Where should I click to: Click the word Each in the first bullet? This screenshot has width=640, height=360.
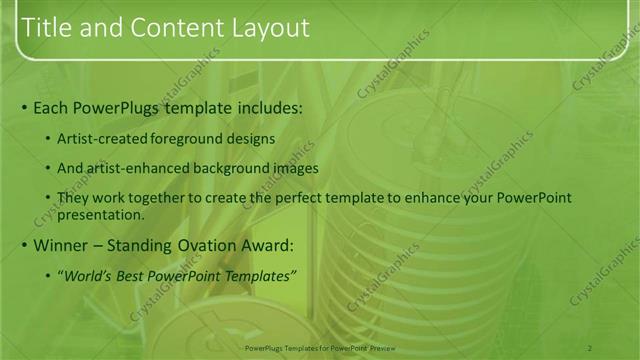click(51, 106)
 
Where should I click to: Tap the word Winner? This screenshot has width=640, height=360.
click(63, 245)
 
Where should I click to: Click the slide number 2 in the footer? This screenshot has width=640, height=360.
click(590, 347)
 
